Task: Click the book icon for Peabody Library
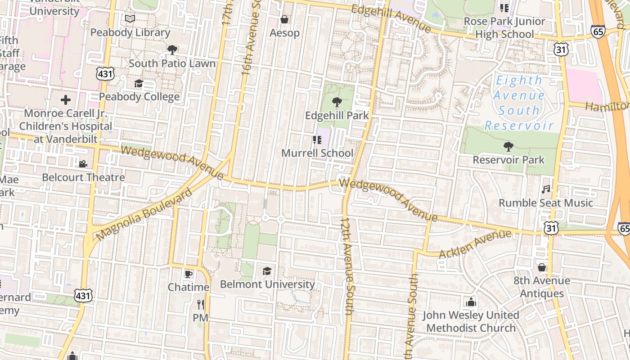coord(130,19)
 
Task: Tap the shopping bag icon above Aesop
coord(284,19)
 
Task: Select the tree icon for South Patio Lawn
coord(172,49)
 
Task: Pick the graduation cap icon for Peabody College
coord(139,83)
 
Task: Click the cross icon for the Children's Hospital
coord(66,99)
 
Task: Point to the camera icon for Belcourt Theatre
coord(83,164)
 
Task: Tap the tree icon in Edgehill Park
coord(337,102)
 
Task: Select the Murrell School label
coord(317,153)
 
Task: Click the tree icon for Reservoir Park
coord(508,146)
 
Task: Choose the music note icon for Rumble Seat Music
coord(546,189)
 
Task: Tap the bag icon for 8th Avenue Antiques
coord(542,267)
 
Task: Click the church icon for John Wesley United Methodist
coord(471,301)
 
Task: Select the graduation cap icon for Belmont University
coord(267,271)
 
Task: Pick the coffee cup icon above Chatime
coord(189,274)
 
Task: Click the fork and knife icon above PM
coord(201,305)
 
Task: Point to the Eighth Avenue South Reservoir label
coord(518,103)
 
